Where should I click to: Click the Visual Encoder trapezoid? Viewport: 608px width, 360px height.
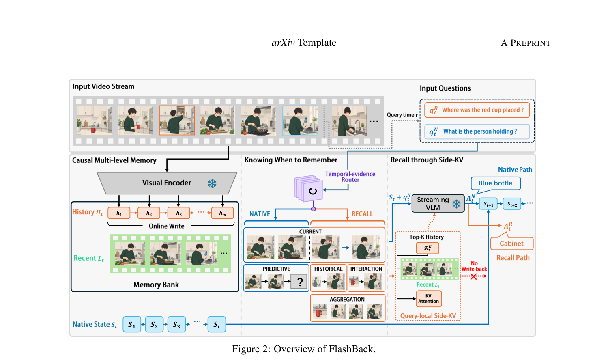point(167,183)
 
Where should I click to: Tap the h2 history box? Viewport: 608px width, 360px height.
point(149,213)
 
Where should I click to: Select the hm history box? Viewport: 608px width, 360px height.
point(223,213)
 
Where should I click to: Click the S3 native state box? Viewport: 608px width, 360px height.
point(176,324)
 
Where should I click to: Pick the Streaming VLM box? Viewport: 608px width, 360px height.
point(438,203)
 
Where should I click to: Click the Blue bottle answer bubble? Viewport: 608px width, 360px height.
point(496,184)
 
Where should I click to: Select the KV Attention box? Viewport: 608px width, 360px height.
point(429,299)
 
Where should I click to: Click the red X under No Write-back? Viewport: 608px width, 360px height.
point(473,276)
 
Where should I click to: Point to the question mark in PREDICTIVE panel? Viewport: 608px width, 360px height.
point(300,282)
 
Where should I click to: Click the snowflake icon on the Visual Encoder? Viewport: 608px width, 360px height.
point(212,183)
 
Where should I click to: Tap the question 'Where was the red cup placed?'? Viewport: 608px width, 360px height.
point(477,110)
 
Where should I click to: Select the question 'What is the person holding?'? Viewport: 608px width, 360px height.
point(477,131)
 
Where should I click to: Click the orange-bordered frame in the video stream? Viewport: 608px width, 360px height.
point(177,121)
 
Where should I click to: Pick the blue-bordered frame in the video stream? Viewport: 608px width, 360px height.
point(300,121)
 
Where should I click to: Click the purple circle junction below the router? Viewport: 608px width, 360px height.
point(313,209)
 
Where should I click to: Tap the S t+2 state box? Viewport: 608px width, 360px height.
point(512,204)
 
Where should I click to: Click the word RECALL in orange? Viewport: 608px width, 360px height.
point(362,214)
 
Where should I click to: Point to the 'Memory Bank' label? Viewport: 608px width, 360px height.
point(156,285)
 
